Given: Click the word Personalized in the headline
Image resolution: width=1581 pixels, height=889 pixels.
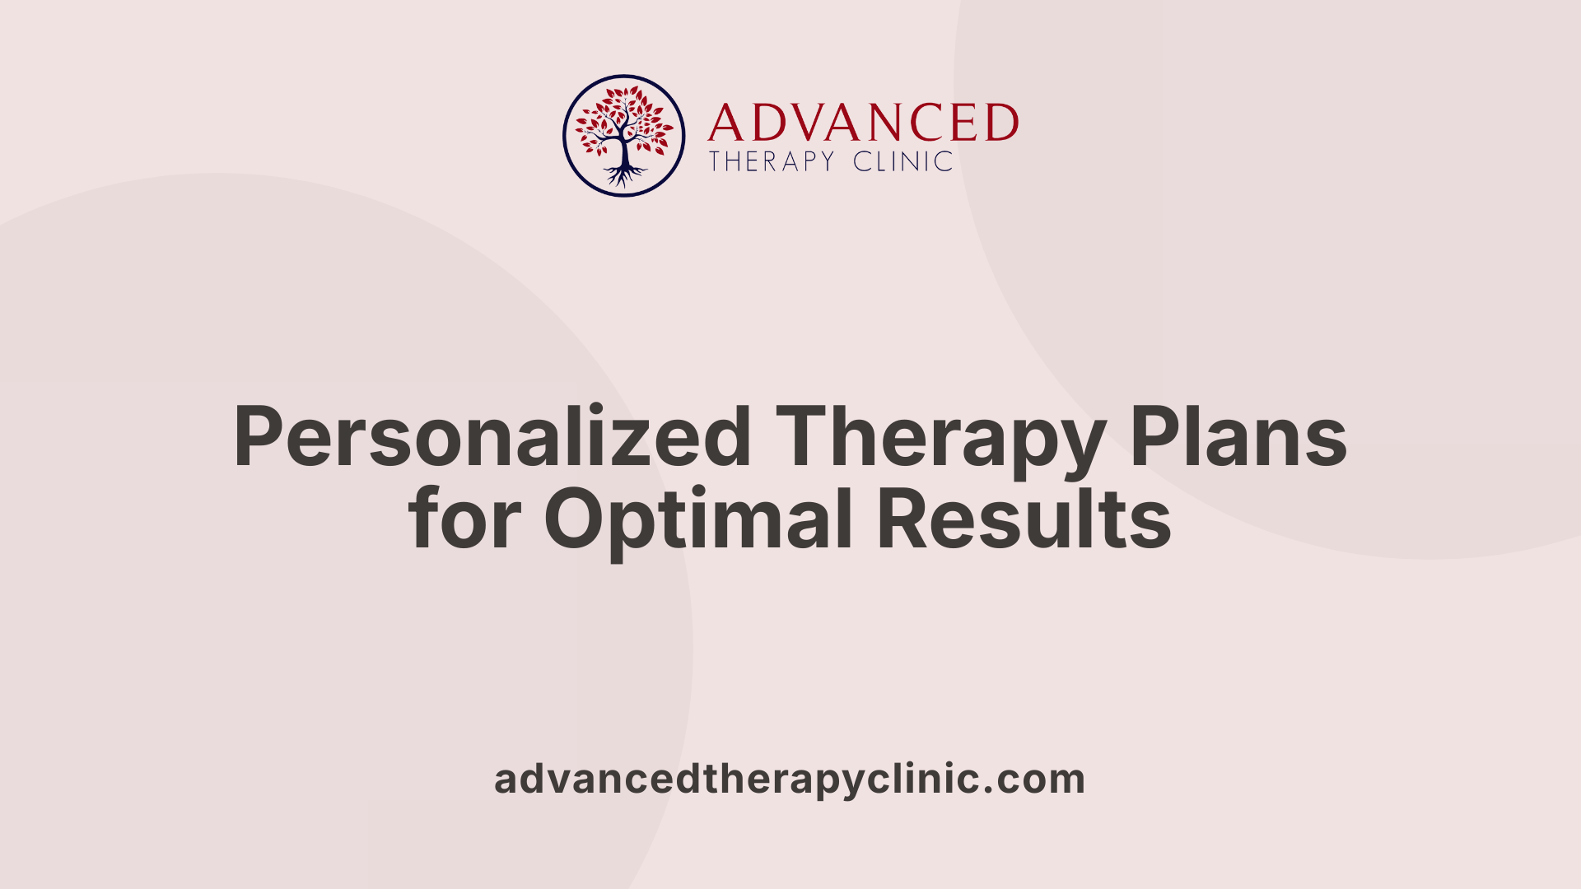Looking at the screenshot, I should click(x=492, y=438).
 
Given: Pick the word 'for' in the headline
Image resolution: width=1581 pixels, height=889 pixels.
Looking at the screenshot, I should click(x=464, y=519).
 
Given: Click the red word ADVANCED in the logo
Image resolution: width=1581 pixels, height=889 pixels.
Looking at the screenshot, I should click(x=862, y=123).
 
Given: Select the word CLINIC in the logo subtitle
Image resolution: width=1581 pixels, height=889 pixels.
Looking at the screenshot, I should click(x=902, y=161).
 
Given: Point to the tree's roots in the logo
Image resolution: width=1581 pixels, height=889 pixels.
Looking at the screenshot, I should click(x=624, y=175).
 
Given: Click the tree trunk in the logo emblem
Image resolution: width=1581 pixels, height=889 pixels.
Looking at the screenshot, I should click(x=624, y=152).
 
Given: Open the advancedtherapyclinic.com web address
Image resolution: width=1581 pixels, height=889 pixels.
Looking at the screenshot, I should click(x=789, y=779).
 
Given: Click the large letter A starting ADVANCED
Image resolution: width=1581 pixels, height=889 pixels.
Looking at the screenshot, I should click(x=725, y=123).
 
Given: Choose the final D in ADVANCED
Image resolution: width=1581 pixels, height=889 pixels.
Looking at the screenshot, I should click(x=1000, y=123).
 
